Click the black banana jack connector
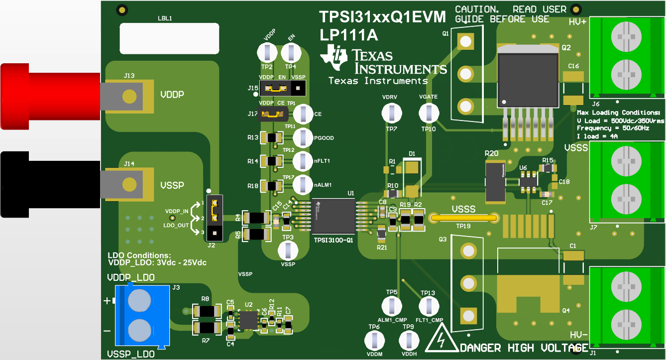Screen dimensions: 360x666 50,185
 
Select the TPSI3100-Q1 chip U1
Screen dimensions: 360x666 333,216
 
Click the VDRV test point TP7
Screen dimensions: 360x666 391,114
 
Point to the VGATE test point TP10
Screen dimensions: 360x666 428,114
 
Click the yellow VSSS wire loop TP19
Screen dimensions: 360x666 463,218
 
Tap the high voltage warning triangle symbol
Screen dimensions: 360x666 441,340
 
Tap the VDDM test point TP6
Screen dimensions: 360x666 374,341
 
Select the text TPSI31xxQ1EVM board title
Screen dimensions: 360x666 382,17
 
